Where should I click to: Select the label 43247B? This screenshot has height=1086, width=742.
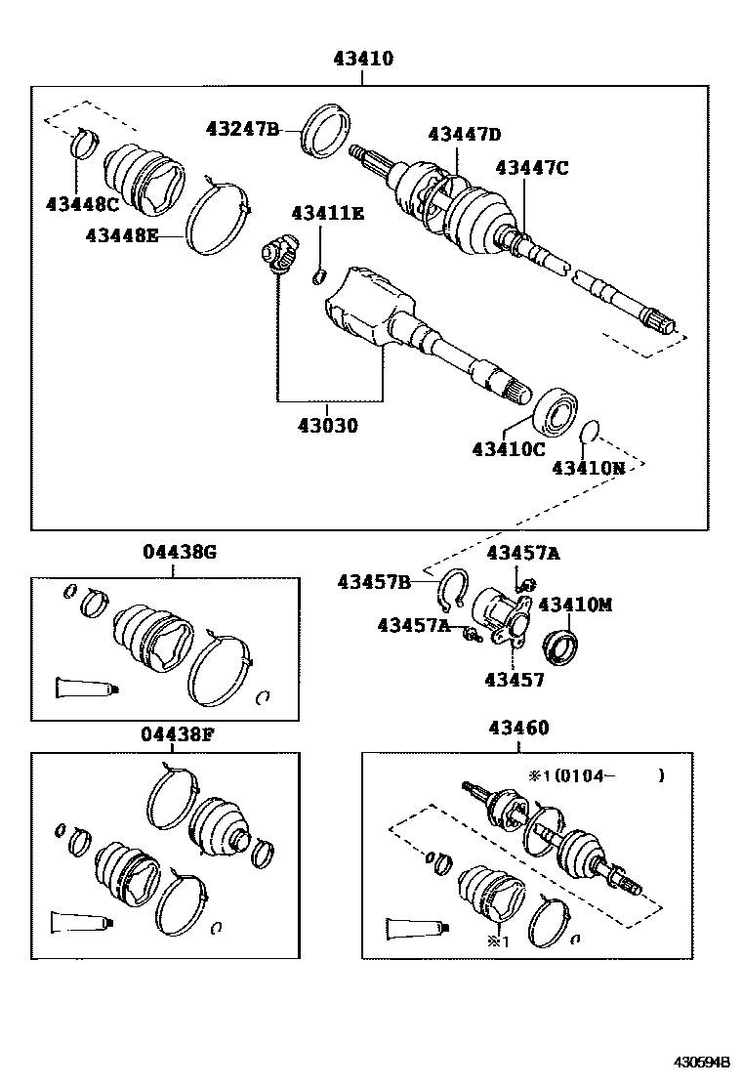click(242, 129)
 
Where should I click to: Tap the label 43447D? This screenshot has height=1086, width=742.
click(464, 135)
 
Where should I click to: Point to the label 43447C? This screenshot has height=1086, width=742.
click(531, 168)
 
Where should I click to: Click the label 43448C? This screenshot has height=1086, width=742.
click(82, 203)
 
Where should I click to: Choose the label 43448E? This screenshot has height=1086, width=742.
click(121, 235)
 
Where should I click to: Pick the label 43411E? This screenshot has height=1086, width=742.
click(327, 213)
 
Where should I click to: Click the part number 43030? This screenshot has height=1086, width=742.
click(328, 426)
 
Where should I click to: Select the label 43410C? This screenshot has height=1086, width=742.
click(508, 449)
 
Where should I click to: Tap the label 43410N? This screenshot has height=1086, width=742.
click(589, 469)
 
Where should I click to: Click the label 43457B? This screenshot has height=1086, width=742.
click(375, 582)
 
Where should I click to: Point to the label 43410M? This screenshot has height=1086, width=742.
click(574, 605)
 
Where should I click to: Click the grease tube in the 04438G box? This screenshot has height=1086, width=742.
click(87, 689)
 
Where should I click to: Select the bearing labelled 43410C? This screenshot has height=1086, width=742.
click(555, 413)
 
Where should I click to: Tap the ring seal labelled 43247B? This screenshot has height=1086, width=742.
click(326, 132)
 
